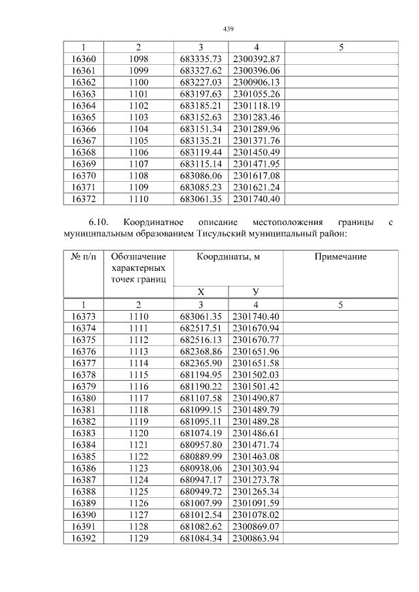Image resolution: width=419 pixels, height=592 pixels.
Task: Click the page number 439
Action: (x=228, y=29)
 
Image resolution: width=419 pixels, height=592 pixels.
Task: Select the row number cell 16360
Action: (x=83, y=59)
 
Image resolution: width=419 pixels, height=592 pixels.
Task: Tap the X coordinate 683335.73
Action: (x=201, y=59)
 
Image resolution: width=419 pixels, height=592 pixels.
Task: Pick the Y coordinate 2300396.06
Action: (x=256, y=71)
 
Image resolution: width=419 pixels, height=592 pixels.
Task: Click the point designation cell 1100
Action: (x=138, y=82)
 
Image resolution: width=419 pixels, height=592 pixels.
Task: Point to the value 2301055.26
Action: (x=256, y=94)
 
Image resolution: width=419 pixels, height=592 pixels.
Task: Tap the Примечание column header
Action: (x=340, y=257)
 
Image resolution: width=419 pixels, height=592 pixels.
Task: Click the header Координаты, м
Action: (x=228, y=257)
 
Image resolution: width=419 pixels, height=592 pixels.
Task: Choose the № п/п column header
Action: (x=83, y=257)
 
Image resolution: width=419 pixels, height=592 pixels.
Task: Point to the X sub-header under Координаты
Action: (x=201, y=292)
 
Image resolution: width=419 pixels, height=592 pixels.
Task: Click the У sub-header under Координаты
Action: (x=256, y=292)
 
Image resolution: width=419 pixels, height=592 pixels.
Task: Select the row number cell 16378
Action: (x=83, y=374)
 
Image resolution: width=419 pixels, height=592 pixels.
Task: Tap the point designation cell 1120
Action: (x=138, y=433)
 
